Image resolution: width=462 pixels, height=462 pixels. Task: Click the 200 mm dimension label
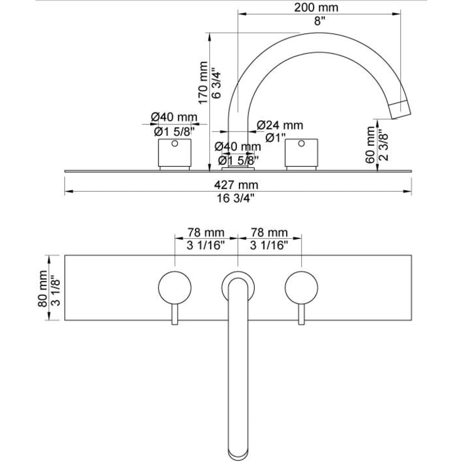click(316, 8)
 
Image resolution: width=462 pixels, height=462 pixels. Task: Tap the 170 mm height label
click(203, 83)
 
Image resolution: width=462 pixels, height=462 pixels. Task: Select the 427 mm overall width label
click(236, 185)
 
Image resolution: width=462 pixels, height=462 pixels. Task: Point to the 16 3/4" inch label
click(236, 198)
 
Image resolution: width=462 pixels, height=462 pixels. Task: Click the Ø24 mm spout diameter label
click(280, 125)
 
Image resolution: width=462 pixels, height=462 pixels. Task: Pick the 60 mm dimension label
click(370, 145)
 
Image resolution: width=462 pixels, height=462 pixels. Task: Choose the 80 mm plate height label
click(43, 289)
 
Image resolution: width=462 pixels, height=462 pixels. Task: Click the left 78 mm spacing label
click(206, 233)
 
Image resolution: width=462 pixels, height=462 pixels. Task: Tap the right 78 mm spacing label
click(269, 233)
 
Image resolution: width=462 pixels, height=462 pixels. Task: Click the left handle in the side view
click(175, 153)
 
